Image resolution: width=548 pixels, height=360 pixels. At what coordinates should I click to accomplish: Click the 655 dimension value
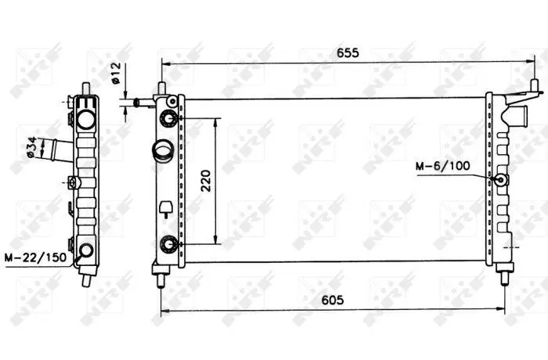[x=348, y=52]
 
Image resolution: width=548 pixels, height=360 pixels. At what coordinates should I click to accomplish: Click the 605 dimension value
[x=333, y=300]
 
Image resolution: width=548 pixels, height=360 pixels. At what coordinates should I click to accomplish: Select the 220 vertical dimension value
[x=206, y=180]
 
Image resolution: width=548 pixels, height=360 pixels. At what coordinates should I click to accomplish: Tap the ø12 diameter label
[x=116, y=73]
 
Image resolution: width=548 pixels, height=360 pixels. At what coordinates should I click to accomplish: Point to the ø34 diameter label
[x=32, y=147]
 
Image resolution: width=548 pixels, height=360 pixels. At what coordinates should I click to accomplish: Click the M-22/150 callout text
[x=35, y=257]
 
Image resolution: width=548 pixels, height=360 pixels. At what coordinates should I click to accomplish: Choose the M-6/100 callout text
[x=443, y=166]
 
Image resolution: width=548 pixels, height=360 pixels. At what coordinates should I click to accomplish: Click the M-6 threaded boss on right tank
[x=500, y=180]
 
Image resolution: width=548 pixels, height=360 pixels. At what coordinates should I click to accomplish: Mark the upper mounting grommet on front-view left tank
[x=169, y=118]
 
